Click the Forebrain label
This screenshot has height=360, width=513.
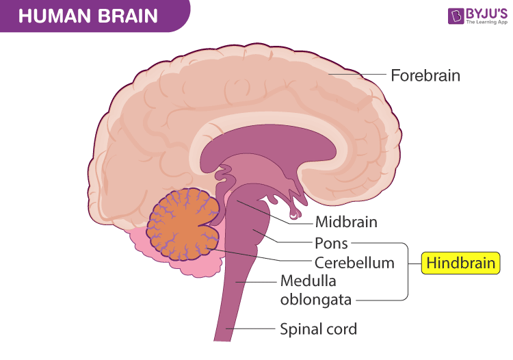point(425,75)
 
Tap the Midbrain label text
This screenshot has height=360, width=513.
point(346,222)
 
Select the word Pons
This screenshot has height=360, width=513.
point(331,242)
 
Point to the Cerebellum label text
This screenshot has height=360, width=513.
point(354,262)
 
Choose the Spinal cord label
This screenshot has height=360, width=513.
point(318,329)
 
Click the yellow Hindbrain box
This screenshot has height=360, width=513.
point(460,262)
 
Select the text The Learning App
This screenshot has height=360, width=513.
point(486,22)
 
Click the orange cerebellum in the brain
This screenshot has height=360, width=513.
point(181,225)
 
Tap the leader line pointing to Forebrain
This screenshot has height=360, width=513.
point(356,75)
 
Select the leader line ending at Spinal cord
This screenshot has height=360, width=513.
point(253,329)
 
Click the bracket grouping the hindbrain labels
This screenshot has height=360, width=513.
point(407,271)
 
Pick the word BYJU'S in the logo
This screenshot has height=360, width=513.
point(486,12)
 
